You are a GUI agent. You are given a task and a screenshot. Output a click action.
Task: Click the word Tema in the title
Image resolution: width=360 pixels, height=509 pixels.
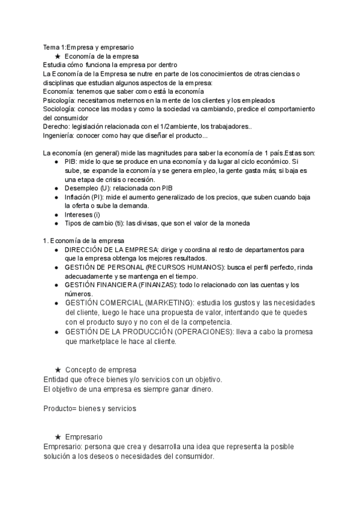click(x=52, y=47)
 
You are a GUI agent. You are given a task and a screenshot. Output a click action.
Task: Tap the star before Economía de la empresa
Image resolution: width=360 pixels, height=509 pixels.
click(x=58, y=56)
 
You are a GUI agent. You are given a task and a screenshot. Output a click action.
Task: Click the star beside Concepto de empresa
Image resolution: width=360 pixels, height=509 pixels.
click(x=58, y=369)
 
